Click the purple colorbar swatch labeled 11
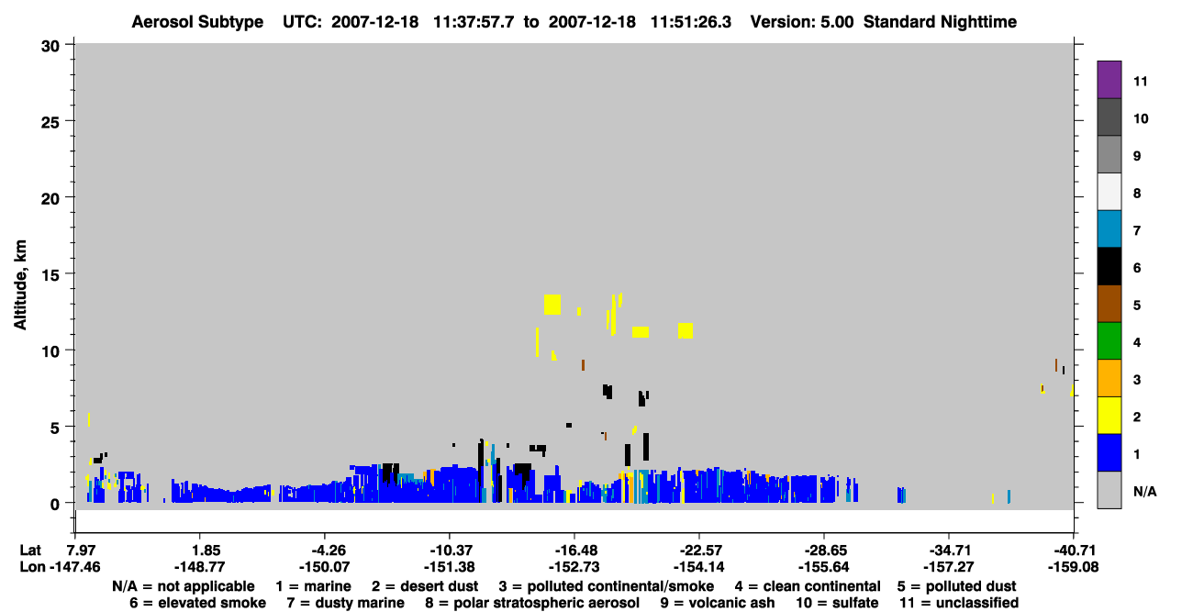coord(1109,79)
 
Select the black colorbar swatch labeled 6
coord(1109,266)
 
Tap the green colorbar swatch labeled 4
coord(1109,341)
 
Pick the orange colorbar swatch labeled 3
coord(1109,378)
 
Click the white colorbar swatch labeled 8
coord(1109,192)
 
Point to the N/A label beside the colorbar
coord(1144,491)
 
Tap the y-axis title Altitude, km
coord(20,284)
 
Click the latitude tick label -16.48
coord(575,550)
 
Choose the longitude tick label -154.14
coord(698,567)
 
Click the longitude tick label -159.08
coord(1073,567)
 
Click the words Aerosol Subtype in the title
coord(197,22)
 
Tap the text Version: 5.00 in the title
coord(801,22)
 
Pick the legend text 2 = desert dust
coord(425,586)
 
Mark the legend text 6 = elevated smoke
coord(197,603)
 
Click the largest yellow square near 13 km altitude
coord(552,305)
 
